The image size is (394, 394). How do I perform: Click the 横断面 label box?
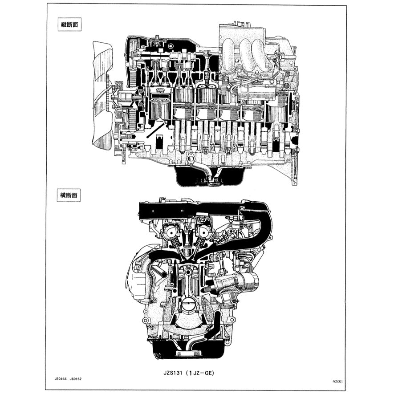coord(69,195)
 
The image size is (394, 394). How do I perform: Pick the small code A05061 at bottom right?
coord(337,382)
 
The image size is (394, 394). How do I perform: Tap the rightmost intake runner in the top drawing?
coord(260,53)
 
